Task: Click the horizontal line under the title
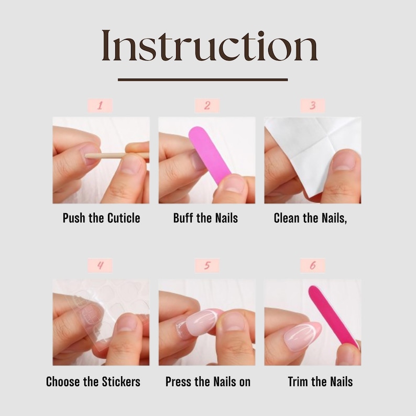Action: [203, 80]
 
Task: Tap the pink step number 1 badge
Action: [100, 106]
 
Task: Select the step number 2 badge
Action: [207, 106]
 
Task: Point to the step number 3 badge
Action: [312, 106]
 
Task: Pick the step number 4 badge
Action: [100, 265]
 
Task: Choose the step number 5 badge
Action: [207, 265]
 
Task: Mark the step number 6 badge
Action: [312, 265]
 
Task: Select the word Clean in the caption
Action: [287, 218]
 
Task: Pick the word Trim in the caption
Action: [299, 381]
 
